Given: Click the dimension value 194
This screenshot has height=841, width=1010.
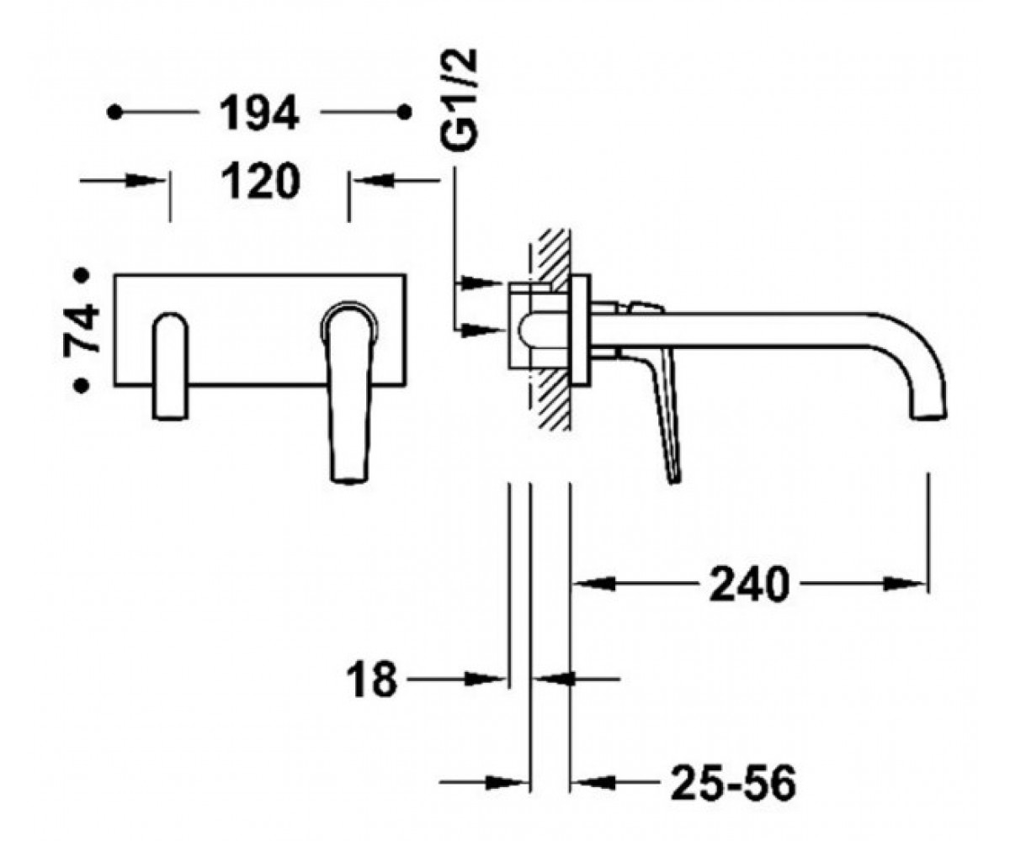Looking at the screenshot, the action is click(x=259, y=113).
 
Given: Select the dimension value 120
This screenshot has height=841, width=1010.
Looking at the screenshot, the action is click(x=261, y=182).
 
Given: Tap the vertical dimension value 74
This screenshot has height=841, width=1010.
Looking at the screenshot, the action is click(x=82, y=331).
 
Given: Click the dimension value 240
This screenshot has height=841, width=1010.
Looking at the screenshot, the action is click(x=749, y=584).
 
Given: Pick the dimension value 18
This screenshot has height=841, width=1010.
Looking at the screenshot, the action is click(x=371, y=680).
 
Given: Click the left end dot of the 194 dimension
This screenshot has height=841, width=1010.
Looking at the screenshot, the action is click(x=114, y=113).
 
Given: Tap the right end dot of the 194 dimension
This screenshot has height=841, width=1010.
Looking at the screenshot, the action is click(x=404, y=113).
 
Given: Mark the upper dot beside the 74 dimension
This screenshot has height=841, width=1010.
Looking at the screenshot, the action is click(x=82, y=276).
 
